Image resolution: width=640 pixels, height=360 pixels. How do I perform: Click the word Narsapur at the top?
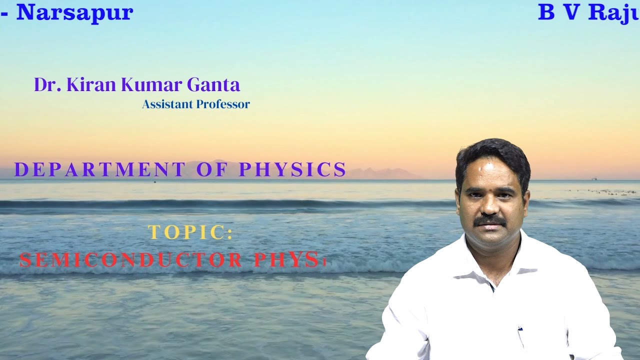[x=74, y=12]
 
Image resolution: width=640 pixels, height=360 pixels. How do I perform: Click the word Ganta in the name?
[x=213, y=85]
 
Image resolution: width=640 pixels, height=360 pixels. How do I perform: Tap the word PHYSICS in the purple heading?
[x=292, y=170]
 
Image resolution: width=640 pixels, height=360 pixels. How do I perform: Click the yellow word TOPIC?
[x=190, y=233]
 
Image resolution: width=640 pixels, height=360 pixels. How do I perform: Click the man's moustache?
[x=489, y=219]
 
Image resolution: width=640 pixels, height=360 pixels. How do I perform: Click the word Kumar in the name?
[x=152, y=85]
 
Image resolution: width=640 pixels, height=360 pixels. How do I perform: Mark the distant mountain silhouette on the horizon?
[x=380, y=173]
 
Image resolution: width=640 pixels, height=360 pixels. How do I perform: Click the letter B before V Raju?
[x=546, y=13]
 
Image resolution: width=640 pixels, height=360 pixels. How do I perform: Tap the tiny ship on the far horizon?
[x=594, y=177]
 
